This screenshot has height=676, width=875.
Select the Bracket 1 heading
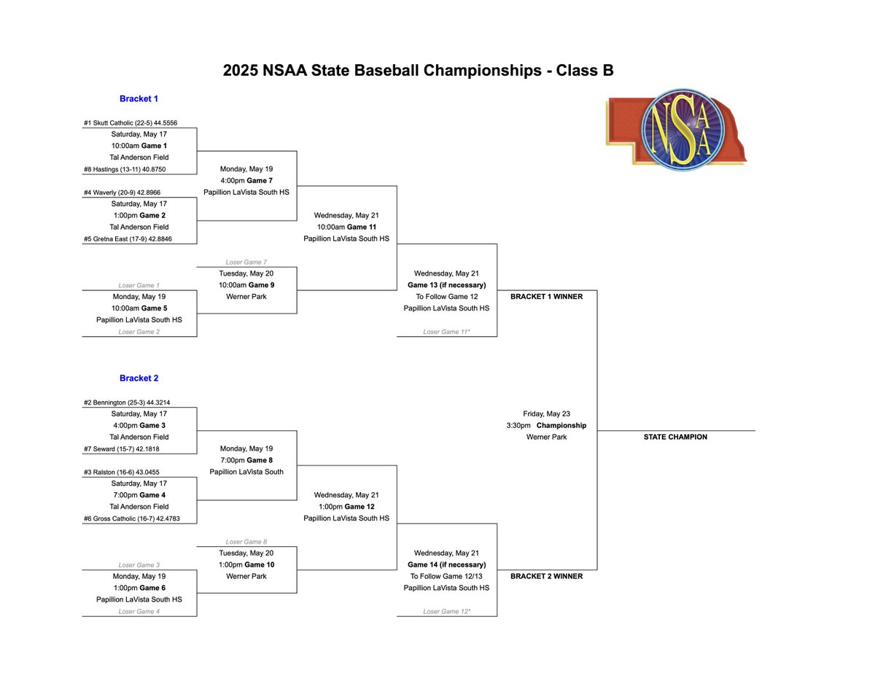coord(139,98)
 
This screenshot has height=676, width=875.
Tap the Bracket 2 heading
coord(139,378)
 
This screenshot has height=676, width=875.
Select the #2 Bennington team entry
coord(126,403)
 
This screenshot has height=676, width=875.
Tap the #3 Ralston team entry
coord(120,472)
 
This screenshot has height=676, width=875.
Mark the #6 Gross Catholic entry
coord(131,518)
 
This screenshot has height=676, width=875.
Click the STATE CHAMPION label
coord(675,437)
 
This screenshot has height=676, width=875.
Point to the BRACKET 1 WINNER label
coord(546,297)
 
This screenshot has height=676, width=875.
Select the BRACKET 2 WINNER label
coord(546,576)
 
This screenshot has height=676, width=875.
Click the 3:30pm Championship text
coord(546,425)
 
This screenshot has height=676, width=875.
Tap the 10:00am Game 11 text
coord(346,227)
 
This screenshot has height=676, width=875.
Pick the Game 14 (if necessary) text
coord(446,564)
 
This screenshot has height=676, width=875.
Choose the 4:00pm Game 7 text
coord(246,181)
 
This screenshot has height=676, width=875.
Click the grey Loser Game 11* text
coord(446,332)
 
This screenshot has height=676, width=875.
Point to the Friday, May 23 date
coord(546,413)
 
